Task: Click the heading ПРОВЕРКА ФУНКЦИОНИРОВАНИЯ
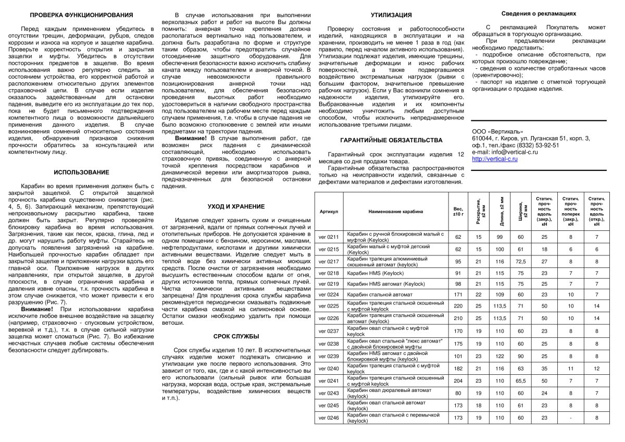coord(81,15)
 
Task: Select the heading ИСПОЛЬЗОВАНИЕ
coord(81,172)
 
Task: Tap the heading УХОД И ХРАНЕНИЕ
coord(236,206)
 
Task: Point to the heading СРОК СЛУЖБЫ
coord(236,336)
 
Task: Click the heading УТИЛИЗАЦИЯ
coord(391,15)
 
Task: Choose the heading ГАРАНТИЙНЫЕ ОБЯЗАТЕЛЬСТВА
coord(391,140)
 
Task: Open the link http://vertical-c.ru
coord(495,159)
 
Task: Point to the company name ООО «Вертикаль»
coord(497,131)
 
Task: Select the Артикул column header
coord(329,212)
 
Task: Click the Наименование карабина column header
coord(396,212)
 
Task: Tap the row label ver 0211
coord(329,237)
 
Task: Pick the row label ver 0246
coord(329,418)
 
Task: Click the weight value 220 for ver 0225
coord(458,306)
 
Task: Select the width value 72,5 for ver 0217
coord(520,261)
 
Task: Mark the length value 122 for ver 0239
coord(500,357)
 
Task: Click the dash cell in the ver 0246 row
coord(571,418)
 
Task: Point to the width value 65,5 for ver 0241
coord(520,380)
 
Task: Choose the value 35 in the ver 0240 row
coord(544,369)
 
